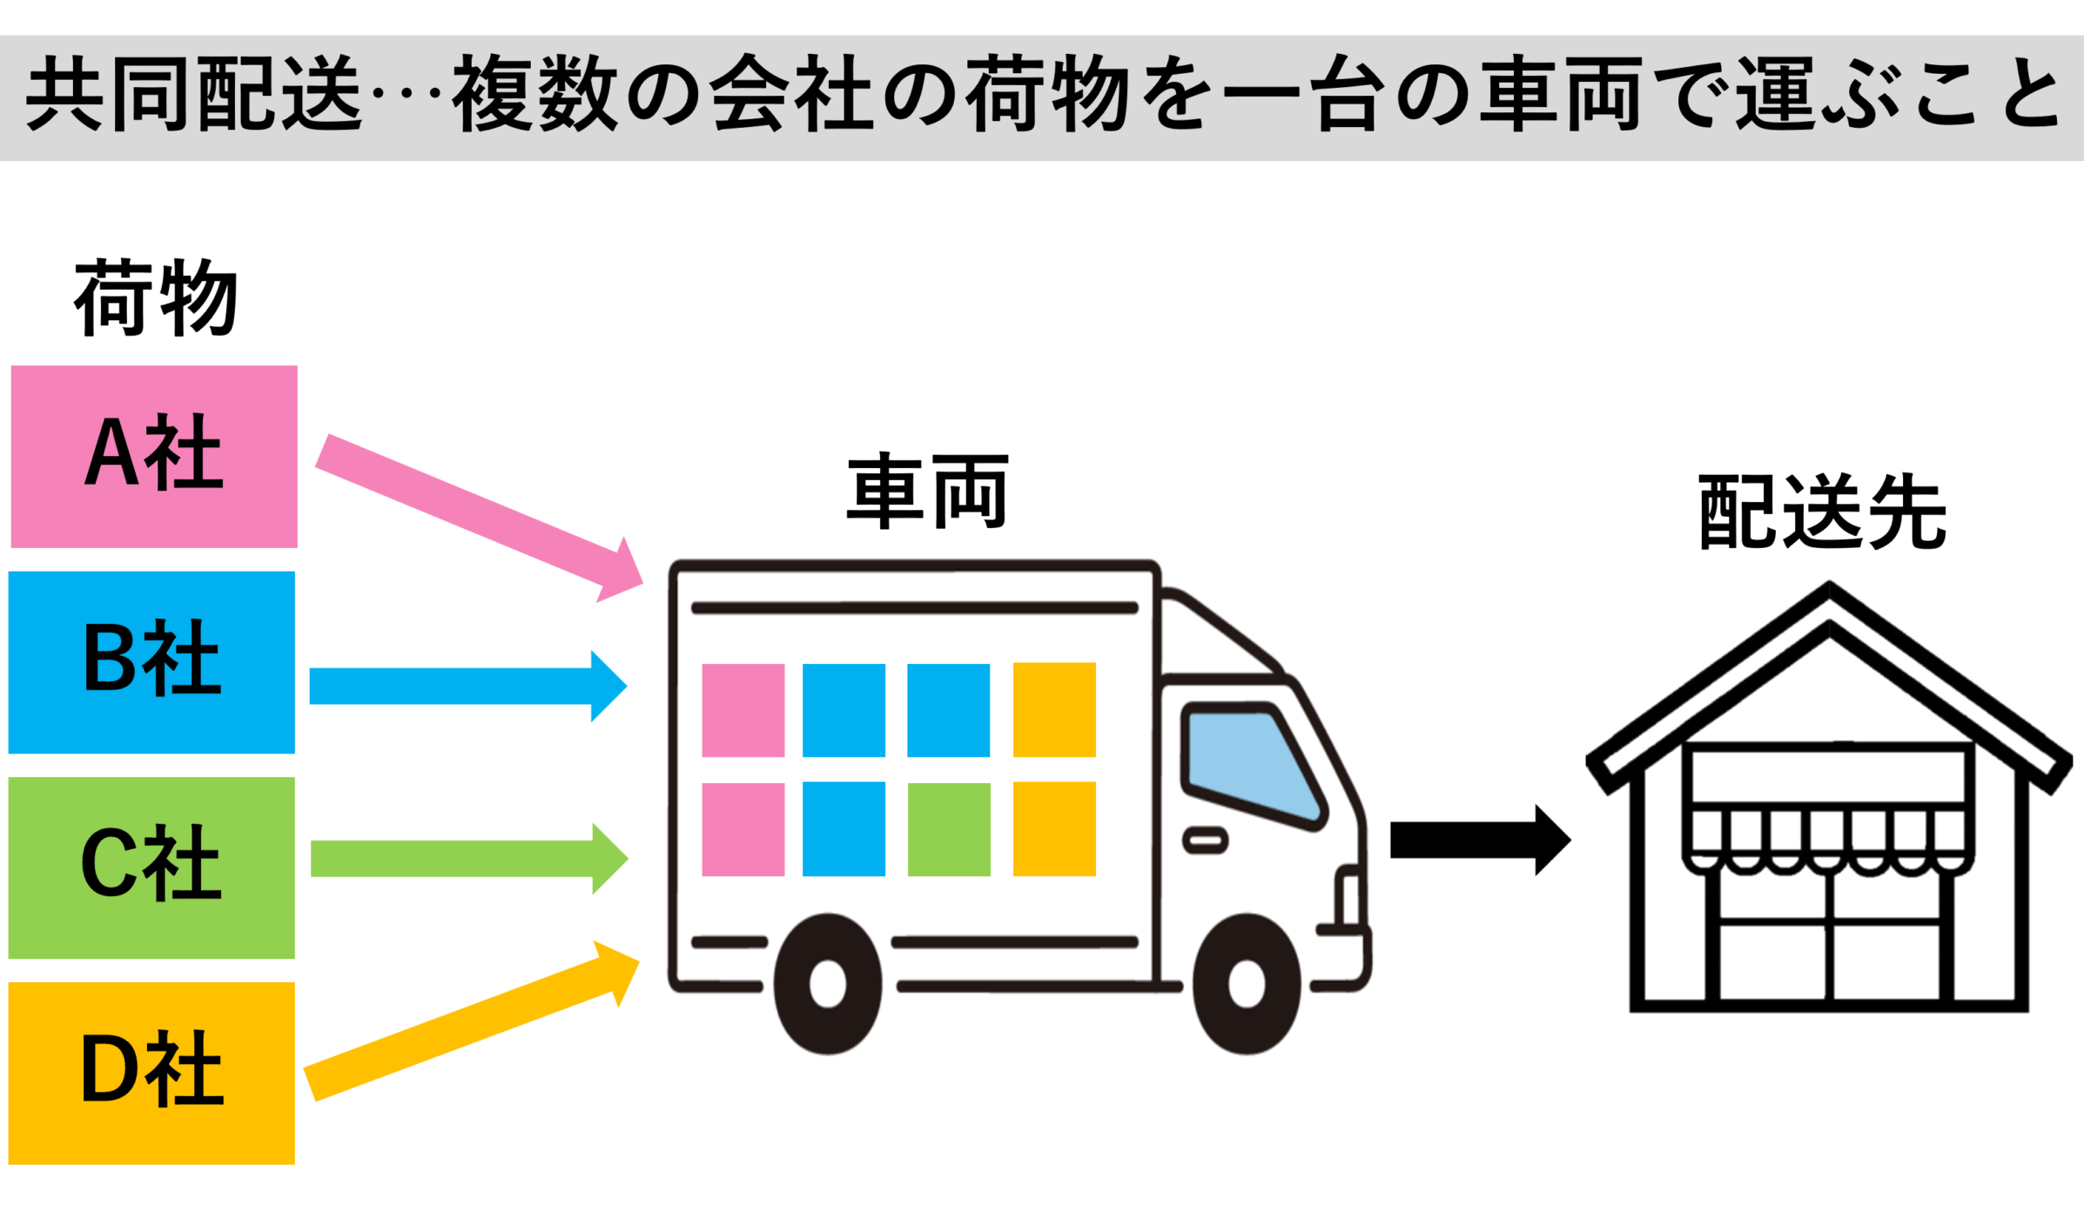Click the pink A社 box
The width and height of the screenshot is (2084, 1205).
pos(154,456)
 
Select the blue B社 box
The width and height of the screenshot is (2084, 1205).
pos(151,662)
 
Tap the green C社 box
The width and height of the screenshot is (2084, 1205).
pos(151,867)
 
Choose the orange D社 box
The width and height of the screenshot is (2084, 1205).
pos(151,1073)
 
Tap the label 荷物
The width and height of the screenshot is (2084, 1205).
pos(155,298)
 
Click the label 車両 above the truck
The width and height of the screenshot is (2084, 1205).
pos(927,492)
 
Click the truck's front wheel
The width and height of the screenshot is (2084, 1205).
pos(1247,984)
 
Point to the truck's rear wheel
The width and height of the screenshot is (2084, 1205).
pos(827,984)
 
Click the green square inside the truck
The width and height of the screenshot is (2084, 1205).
pos(949,829)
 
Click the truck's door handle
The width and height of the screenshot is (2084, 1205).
pos(1205,840)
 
